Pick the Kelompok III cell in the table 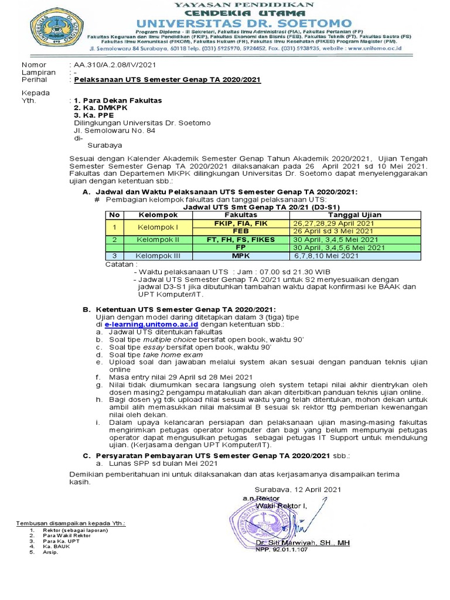pyautogui.click(x=157, y=255)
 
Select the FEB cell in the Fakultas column pyautogui.click(x=241, y=231)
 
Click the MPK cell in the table pyautogui.click(x=241, y=255)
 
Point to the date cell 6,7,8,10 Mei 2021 pyautogui.click(x=326, y=255)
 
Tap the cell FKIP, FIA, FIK pyautogui.click(x=241, y=223)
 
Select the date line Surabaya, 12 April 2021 pyautogui.click(x=296, y=489)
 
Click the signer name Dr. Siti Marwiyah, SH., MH pyautogui.click(x=302, y=543)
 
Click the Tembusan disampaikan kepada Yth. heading pyautogui.click(x=71, y=523)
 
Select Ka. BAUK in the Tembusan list pyautogui.click(x=56, y=546)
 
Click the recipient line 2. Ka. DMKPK pyautogui.click(x=97, y=108)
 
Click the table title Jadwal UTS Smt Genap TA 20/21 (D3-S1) pyautogui.click(x=253, y=207)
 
